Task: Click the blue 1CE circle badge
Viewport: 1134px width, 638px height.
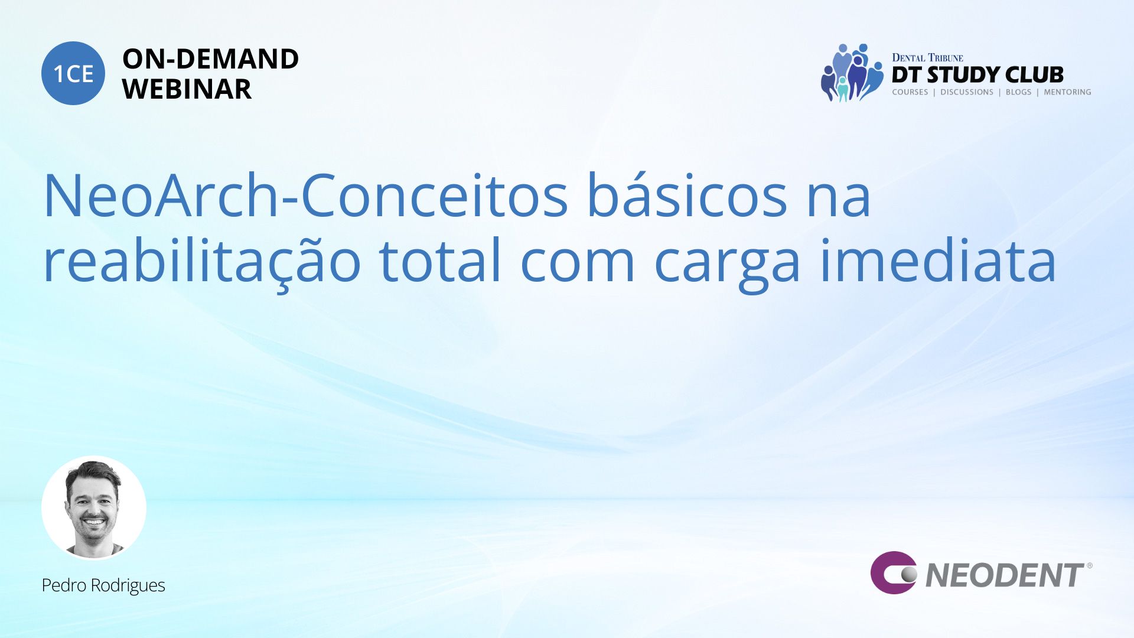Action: click(73, 73)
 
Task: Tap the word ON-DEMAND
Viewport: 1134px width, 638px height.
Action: click(211, 59)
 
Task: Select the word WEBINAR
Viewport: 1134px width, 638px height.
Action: click(187, 89)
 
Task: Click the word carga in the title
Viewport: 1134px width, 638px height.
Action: click(727, 266)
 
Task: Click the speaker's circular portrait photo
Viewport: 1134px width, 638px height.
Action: click(94, 508)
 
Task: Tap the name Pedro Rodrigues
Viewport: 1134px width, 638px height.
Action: click(103, 585)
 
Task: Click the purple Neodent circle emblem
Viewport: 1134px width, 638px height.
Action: click(894, 572)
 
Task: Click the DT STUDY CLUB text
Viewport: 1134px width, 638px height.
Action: click(977, 74)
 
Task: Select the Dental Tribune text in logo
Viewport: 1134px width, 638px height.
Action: click(927, 57)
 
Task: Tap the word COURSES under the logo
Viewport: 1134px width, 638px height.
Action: click(910, 92)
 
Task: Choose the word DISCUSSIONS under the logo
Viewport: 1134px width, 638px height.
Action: click(967, 92)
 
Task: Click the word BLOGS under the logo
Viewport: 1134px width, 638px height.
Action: click(1019, 92)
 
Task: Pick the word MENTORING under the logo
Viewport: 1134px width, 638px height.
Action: click(1067, 92)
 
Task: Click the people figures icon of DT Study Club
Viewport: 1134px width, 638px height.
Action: click(851, 73)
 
